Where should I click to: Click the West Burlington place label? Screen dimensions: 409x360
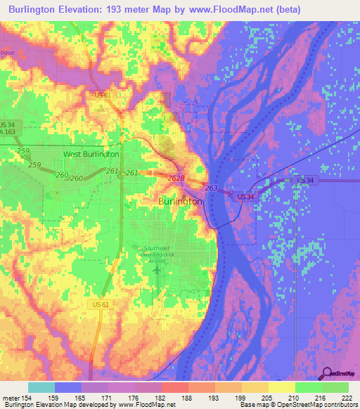91,153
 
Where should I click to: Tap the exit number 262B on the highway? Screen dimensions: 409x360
176,178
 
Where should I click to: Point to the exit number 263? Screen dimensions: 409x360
212,188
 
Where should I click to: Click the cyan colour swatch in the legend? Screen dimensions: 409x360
41,387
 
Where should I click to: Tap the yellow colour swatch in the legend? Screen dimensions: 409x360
281,387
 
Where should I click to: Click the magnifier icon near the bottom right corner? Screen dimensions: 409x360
328,374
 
